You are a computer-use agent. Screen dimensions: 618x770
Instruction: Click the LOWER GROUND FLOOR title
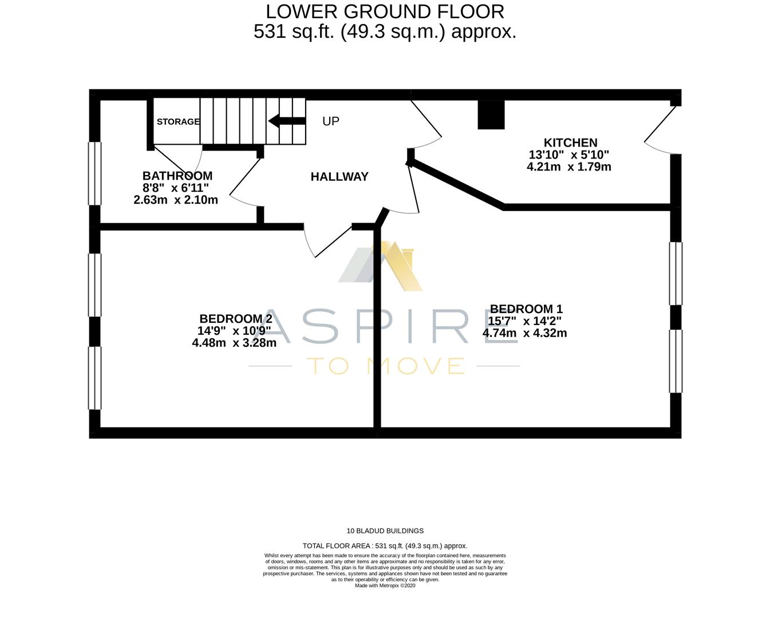[x=385, y=11]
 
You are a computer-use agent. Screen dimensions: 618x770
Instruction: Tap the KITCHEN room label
[x=570, y=142]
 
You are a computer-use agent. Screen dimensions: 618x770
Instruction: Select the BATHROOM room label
[x=177, y=176]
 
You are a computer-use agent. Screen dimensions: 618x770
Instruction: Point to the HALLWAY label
[x=339, y=177]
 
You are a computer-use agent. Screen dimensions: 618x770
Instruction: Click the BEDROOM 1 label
[x=522, y=309]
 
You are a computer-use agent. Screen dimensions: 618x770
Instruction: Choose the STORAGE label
[x=178, y=121]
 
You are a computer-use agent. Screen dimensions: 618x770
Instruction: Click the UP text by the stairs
[x=330, y=121]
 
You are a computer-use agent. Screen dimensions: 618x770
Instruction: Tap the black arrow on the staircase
[x=287, y=121]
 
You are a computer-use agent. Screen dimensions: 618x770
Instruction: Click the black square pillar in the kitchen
[x=491, y=114]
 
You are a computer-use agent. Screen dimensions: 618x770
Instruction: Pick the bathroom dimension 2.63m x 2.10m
[x=176, y=200]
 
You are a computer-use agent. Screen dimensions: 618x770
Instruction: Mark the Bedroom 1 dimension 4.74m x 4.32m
[x=524, y=333]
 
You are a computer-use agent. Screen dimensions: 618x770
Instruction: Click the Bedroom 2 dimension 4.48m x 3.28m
[x=234, y=343]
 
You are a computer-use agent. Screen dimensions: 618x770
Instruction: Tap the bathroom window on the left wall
[x=94, y=173]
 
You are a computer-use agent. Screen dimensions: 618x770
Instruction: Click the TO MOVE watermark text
[x=385, y=366]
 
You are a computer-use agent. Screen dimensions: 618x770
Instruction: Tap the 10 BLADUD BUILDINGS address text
[x=385, y=531]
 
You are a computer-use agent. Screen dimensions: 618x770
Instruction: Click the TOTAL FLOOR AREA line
[x=385, y=546]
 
